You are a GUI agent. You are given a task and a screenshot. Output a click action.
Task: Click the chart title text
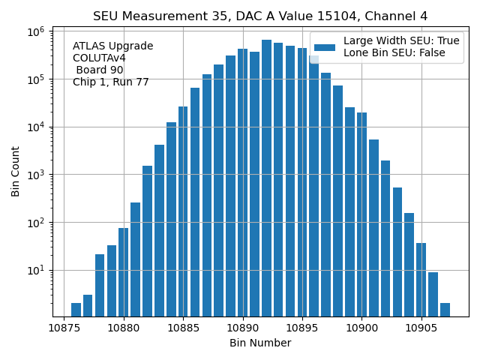(x=260, y=16)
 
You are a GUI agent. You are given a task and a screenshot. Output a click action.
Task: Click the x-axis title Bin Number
(x=260, y=343)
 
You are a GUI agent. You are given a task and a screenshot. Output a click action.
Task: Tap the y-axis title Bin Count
(x=16, y=172)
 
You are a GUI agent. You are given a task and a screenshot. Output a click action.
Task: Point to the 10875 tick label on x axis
(x=64, y=328)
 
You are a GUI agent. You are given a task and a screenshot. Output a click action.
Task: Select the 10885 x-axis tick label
(x=183, y=328)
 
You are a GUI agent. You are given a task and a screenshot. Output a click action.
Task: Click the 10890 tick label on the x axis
(x=242, y=328)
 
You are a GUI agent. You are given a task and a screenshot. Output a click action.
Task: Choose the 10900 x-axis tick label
(x=361, y=328)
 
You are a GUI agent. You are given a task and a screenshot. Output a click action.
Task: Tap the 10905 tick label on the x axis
(x=420, y=328)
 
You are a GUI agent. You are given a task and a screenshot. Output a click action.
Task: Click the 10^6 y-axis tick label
(x=36, y=31)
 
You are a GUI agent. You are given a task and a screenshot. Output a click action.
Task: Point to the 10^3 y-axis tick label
(x=36, y=175)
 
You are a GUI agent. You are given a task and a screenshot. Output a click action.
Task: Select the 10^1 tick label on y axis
(x=36, y=270)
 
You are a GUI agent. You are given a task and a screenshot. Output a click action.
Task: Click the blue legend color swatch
(x=325, y=46)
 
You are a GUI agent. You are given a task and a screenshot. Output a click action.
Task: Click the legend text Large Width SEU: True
(x=401, y=41)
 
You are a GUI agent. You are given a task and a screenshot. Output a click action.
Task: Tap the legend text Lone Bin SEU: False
(x=394, y=52)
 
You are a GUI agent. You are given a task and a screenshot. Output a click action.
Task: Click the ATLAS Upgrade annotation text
(x=112, y=46)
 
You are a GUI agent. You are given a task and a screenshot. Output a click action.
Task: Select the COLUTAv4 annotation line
(x=99, y=58)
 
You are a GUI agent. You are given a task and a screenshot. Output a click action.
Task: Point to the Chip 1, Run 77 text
(x=111, y=82)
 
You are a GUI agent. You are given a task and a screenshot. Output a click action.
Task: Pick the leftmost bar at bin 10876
(x=76, y=309)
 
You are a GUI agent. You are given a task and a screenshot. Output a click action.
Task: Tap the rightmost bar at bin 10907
(x=445, y=309)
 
